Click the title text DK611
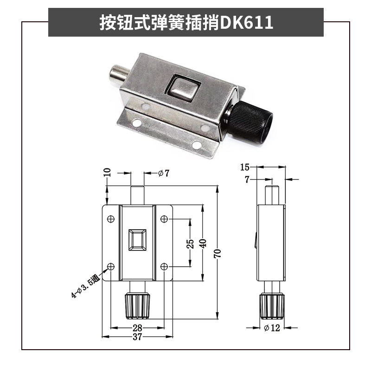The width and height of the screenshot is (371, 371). tap(246, 22)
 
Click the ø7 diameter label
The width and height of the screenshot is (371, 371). tap(163, 173)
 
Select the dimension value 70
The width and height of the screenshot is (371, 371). tap(217, 253)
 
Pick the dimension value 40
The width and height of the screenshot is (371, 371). tap(203, 243)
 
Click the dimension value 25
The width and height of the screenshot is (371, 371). tap(190, 243)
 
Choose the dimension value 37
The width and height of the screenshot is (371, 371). tap(137, 338)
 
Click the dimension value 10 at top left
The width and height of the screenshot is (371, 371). tap(107, 173)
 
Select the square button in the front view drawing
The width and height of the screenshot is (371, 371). tap(138, 241)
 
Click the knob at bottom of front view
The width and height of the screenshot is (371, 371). tap(138, 306)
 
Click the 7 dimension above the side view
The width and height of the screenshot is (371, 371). tap(247, 179)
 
